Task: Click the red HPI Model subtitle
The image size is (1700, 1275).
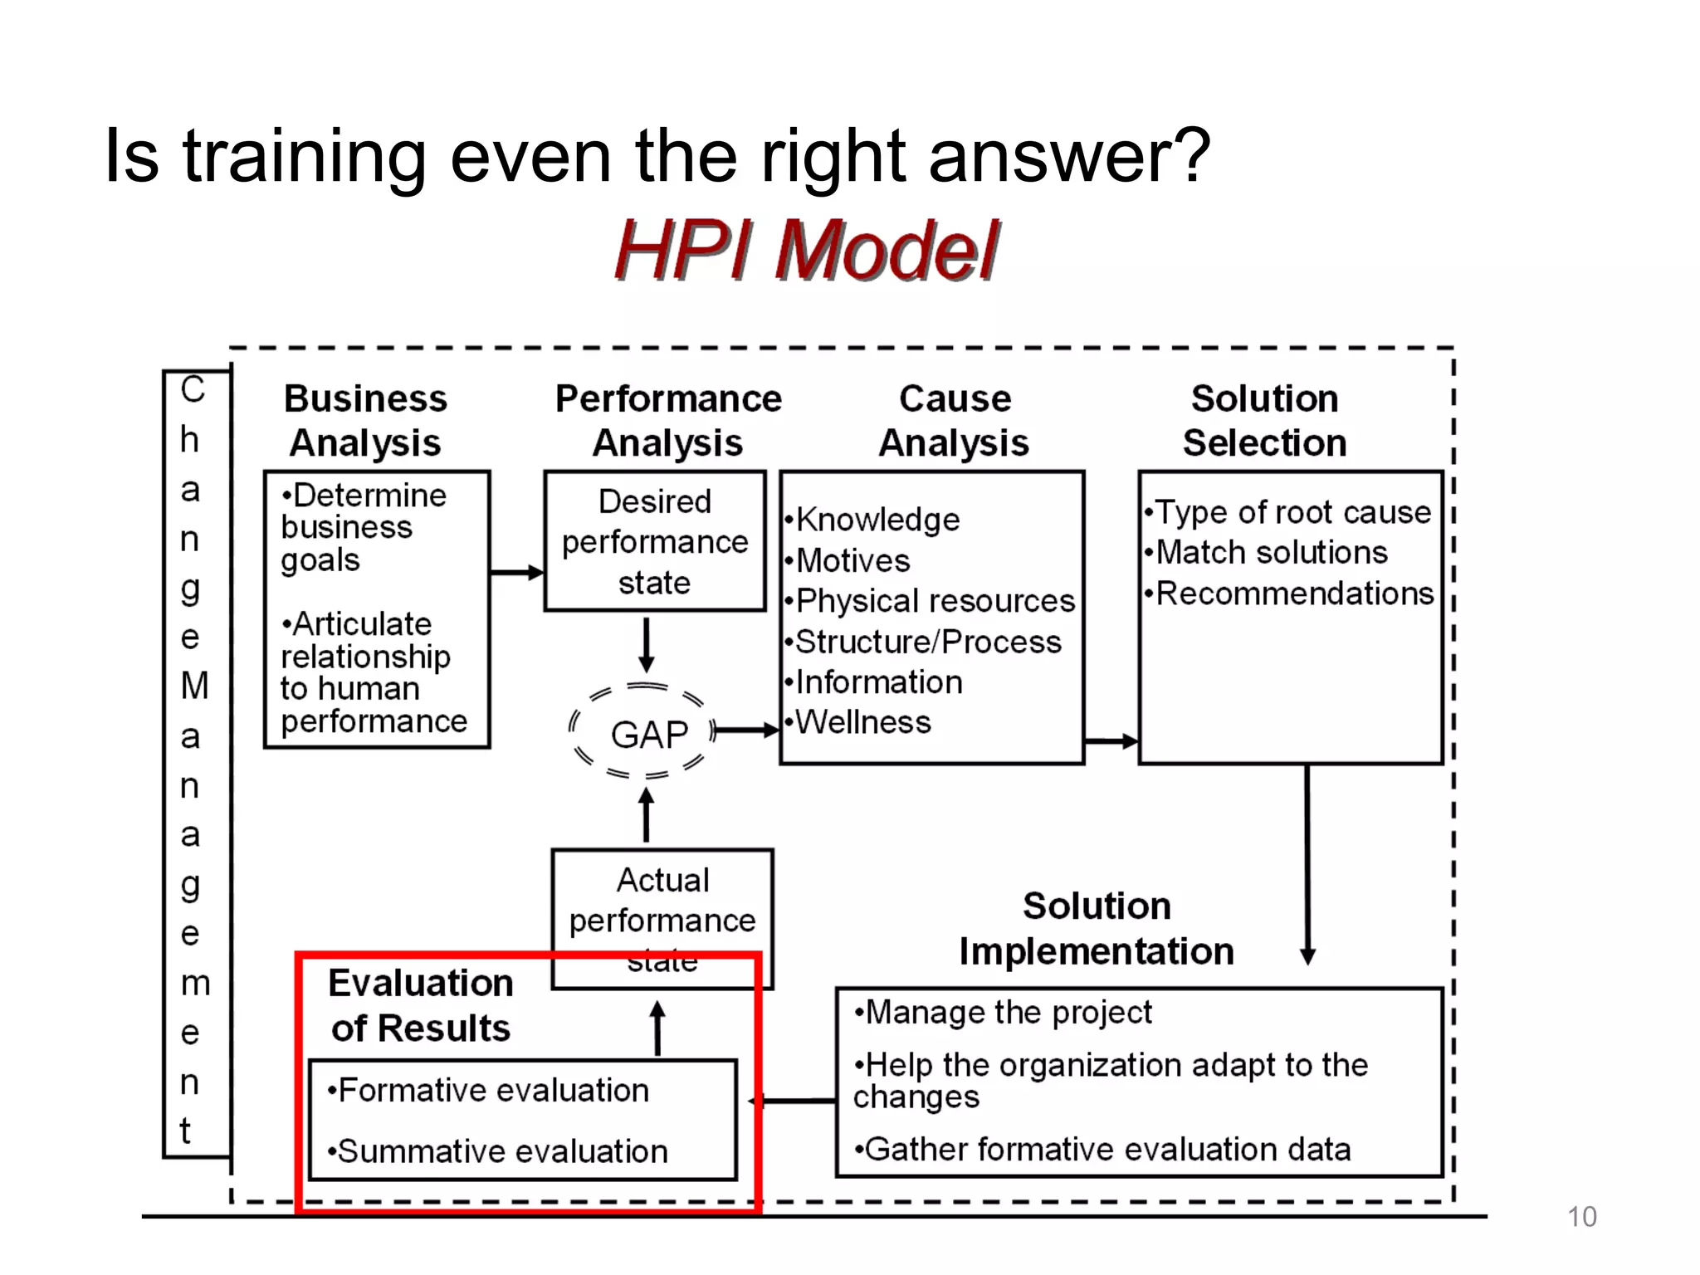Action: click(807, 250)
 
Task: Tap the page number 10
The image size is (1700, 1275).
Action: click(1581, 1216)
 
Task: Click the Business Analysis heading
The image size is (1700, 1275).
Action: click(365, 421)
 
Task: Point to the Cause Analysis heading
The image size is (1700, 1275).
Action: click(955, 421)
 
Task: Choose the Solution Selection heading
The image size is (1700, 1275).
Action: click(1264, 421)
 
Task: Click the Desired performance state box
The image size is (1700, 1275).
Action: click(654, 541)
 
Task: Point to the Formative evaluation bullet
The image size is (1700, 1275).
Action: click(491, 1091)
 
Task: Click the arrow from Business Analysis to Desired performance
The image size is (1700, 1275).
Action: click(516, 572)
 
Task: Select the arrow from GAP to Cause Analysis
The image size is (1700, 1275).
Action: click(745, 730)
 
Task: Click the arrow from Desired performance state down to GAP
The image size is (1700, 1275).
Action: click(647, 645)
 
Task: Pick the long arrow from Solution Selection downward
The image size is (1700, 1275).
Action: click(1307, 863)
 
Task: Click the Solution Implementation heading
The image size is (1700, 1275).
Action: click(1096, 929)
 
